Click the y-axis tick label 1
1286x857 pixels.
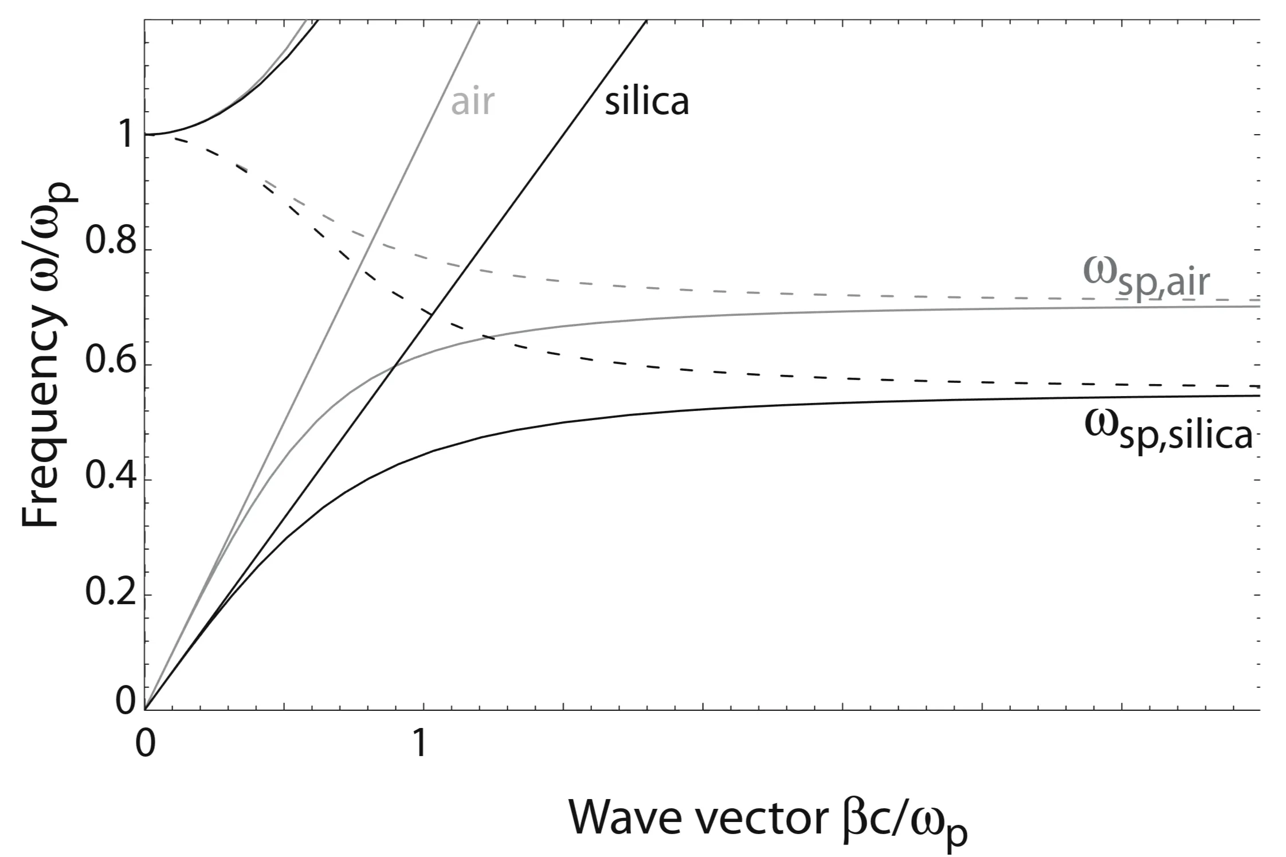pos(123,135)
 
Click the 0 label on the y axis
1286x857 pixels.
pos(125,700)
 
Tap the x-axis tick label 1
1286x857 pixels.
pos(420,743)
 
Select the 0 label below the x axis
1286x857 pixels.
pos(146,743)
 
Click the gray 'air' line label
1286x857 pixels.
pos(472,102)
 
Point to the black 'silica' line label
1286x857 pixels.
pos(646,102)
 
